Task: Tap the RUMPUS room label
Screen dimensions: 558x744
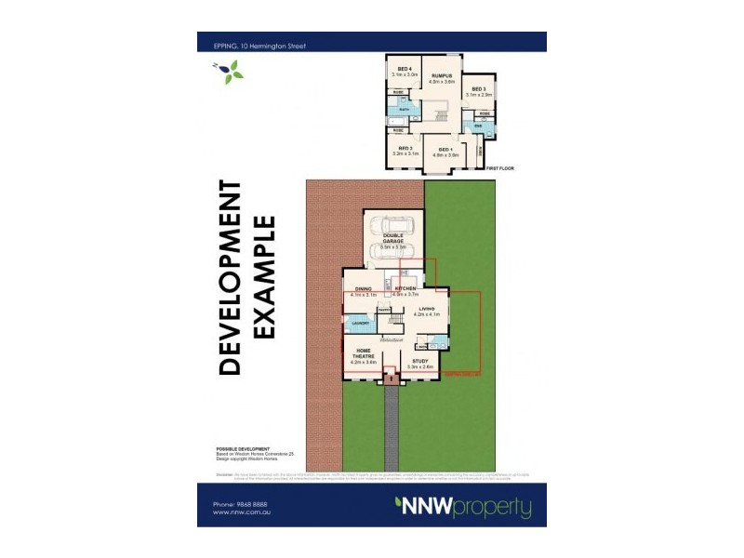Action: click(x=441, y=75)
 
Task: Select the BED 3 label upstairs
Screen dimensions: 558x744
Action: click(x=479, y=90)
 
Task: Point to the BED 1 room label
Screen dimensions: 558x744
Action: click(x=445, y=151)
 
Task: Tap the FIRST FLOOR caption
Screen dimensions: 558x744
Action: click(x=499, y=168)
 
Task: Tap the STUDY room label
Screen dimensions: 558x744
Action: click(x=420, y=363)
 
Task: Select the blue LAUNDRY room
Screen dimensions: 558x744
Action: click(x=359, y=323)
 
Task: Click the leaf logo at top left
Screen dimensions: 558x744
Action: click(x=229, y=71)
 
